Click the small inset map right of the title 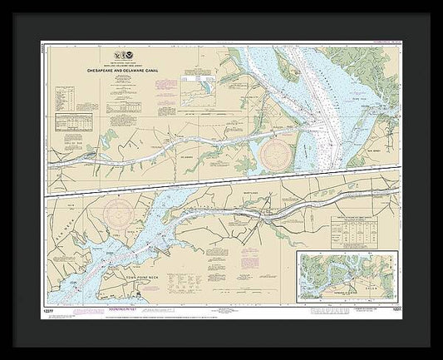(x=199, y=86)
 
